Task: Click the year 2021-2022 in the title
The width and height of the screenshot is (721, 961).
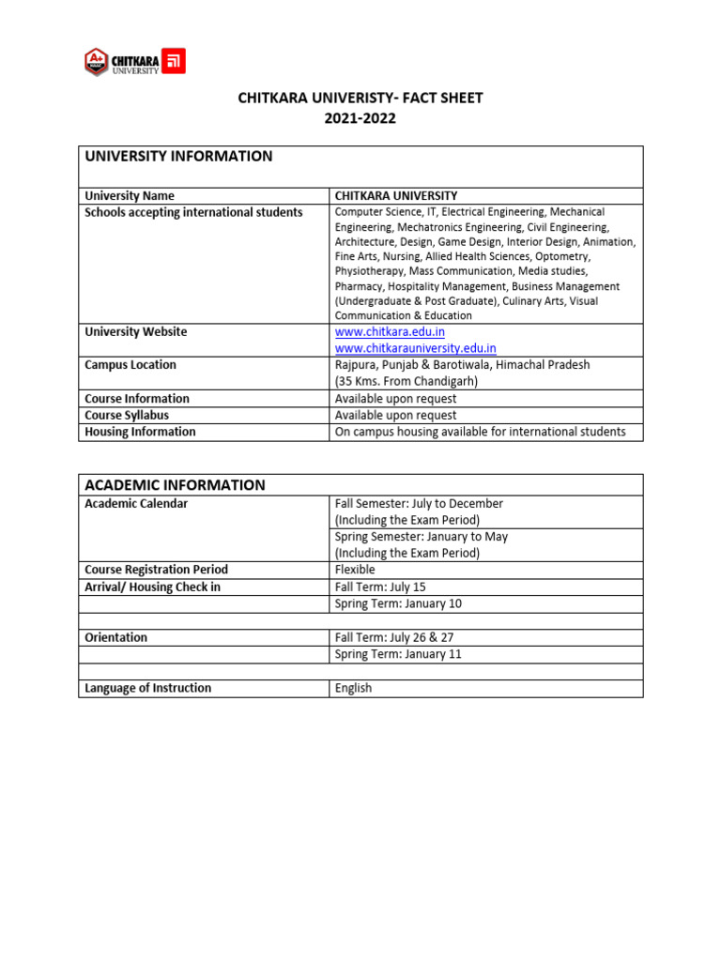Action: (x=360, y=118)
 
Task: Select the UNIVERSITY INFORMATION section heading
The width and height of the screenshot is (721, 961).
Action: (x=178, y=157)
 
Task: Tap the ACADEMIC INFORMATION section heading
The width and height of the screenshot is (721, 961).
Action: (x=175, y=485)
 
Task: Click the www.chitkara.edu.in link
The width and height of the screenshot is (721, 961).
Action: (x=390, y=331)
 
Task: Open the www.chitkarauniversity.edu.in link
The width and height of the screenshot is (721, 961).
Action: (x=415, y=348)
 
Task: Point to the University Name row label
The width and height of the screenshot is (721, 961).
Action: (x=130, y=196)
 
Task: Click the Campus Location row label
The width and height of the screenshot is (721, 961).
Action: (x=130, y=365)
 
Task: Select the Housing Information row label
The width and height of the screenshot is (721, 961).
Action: (x=140, y=432)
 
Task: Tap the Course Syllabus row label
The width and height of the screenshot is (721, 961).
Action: (x=127, y=415)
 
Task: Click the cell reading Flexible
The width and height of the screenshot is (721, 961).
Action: (x=355, y=570)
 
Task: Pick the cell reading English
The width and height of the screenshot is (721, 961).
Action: (x=353, y=688)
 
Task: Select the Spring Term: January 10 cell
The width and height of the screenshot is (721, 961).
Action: (x=398, y=603)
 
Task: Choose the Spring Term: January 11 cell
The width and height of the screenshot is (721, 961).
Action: (x=398, y=654)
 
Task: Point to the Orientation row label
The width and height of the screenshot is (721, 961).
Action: (x=116, y=637)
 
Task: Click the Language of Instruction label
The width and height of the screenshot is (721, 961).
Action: (x=147, y=688)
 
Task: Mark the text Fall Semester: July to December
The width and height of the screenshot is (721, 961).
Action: (x=419, y=504)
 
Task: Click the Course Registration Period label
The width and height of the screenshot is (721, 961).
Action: (x=156, y=570)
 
